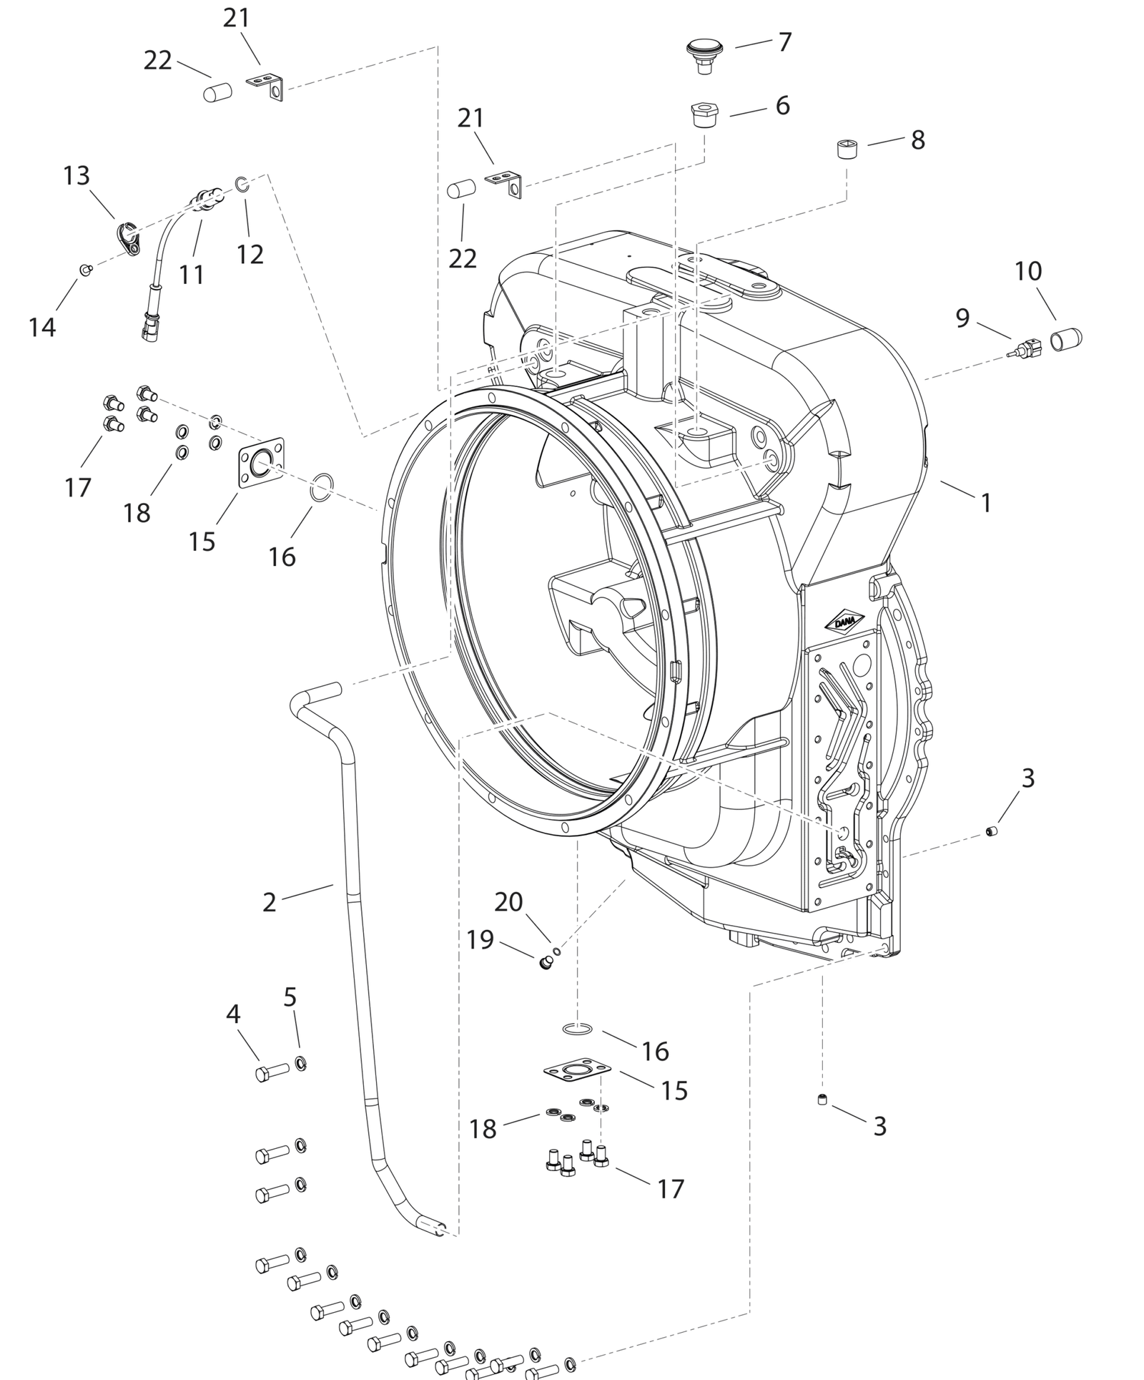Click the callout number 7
tap(785, 42)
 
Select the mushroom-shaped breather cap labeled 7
tap(704, 55)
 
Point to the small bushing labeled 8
tap(847, 150)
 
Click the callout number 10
tap(1028, 271)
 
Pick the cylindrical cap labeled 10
tap(1065, 336)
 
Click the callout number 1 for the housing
tap(986, 503)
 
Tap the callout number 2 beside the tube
tap(269, 902)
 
